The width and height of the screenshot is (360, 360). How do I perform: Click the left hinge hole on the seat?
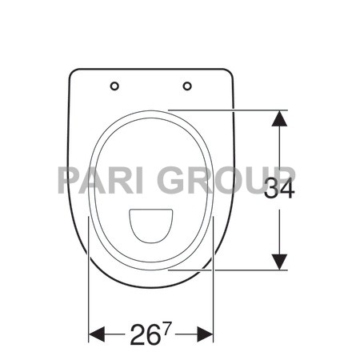(x=114, y=86)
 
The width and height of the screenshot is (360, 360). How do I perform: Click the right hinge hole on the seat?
(x=187, y=86)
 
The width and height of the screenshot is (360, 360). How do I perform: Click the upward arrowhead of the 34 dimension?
(x=278, y=118)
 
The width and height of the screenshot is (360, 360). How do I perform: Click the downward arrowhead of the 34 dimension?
(x=278, y=261)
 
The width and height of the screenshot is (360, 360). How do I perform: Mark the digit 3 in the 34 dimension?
(x=272, y=189)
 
